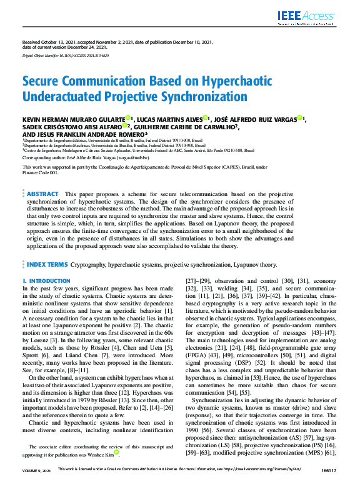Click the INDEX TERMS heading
tap(47, 265)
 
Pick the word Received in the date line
tap(31, 42)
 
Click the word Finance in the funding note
tap(31, 172)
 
